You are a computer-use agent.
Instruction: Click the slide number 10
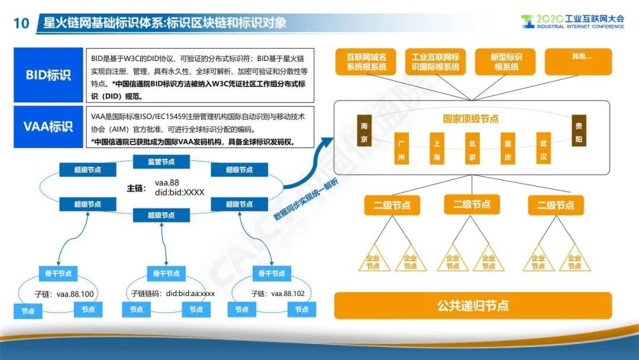21,23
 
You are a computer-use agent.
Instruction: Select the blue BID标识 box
48,75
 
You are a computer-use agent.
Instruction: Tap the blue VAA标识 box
48,127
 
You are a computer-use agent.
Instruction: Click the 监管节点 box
162,162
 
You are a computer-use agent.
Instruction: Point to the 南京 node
364,130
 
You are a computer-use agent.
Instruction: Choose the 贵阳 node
579,130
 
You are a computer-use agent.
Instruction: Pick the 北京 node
472,149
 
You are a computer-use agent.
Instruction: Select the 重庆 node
508,149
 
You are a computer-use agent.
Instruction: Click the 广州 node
401,149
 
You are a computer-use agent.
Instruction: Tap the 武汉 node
543,149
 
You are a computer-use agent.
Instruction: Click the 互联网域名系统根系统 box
366,62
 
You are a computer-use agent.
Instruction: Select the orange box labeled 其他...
578,62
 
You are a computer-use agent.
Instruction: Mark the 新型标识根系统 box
505,62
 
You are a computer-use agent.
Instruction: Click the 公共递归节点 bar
473,306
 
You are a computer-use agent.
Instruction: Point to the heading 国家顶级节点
471,119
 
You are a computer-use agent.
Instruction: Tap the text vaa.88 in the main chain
167,182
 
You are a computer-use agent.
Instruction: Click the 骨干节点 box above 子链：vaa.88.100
58,274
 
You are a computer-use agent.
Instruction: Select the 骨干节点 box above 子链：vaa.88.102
272,274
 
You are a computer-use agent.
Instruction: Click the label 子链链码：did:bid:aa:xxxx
173,294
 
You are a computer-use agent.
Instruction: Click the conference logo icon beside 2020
527,21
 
